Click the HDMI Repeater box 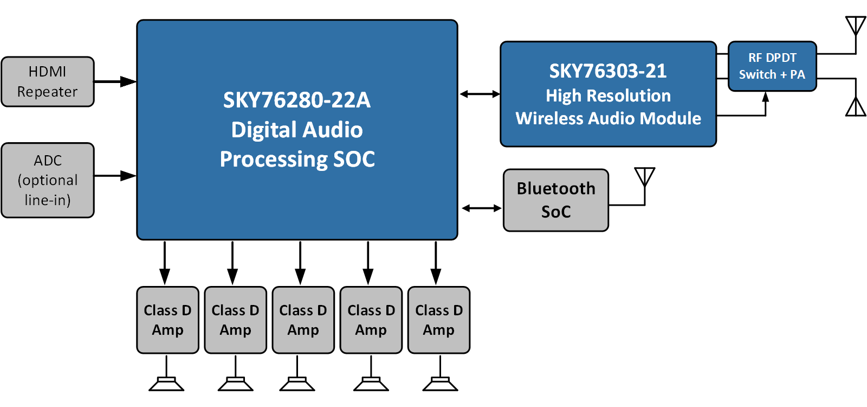(48, 82)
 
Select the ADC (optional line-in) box (48, 180)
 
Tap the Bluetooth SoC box (556, 200)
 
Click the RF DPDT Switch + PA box (772, 66)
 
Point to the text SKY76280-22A (297, 100)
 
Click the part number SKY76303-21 (608, 71)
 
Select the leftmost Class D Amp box (167, 320)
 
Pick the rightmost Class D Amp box (439, 320)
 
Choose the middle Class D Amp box (303, 320)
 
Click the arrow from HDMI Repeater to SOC (115, 82)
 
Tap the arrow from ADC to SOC (115, 176)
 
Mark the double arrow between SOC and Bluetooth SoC (481, 208)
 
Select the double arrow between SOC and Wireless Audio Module (480, 94)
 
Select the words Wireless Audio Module (608, 118)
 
